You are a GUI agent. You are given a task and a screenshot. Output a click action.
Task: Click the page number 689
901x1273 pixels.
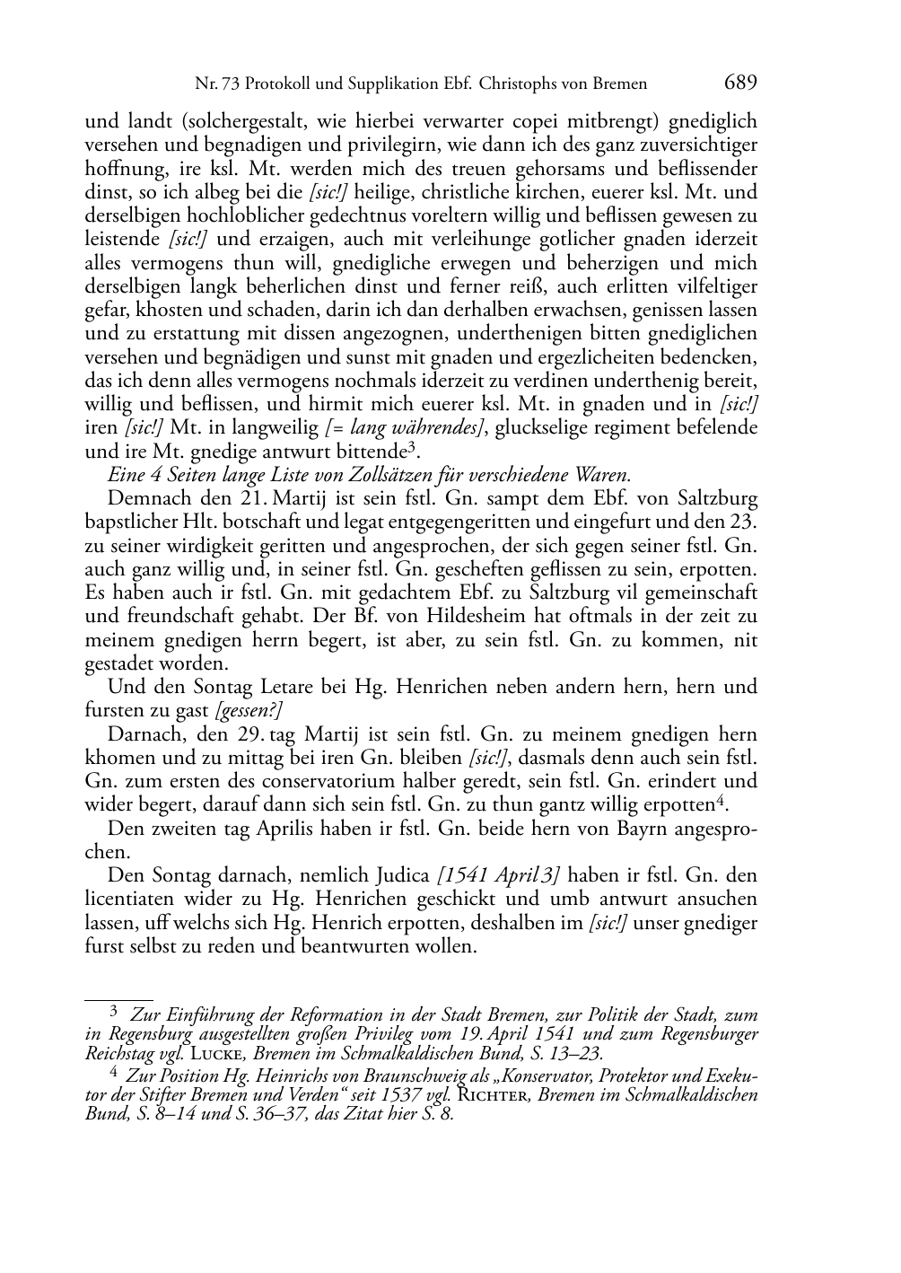click(740, 83)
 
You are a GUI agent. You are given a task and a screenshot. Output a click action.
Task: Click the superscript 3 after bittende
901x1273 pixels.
click(411, 446)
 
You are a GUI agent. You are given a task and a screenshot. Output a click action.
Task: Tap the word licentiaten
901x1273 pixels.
click(130, 899)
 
